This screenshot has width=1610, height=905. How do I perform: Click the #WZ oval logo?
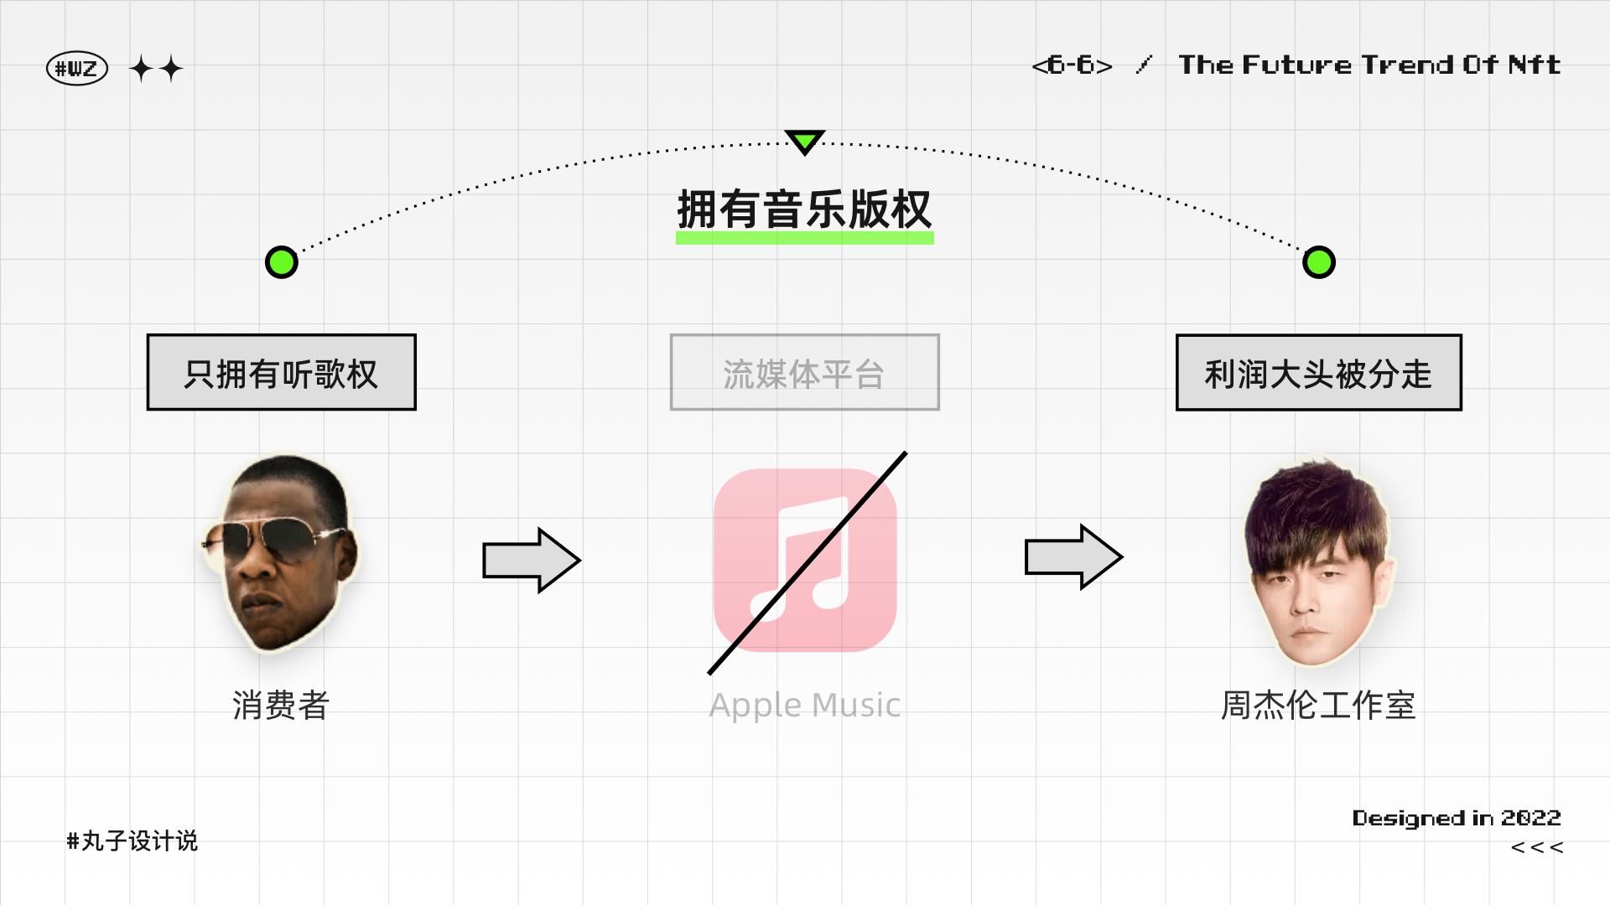click(77, 69)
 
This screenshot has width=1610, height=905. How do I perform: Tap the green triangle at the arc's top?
click(805, 141)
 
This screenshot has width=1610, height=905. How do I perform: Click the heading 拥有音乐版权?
click(804, 209)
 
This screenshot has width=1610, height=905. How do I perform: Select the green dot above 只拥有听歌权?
click(282, 262)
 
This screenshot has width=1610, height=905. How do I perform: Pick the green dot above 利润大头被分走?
click(1319, 262)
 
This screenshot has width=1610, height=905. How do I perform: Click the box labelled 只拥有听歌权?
click(282, 373)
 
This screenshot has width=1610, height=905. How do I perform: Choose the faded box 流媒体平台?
click(804, 373)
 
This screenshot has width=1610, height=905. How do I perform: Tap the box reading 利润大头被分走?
click(1318, 373)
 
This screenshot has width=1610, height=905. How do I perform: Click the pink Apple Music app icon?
click(805, 560)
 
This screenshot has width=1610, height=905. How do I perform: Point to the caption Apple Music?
click(805, 706)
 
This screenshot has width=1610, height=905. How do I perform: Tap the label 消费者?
click(281, 706)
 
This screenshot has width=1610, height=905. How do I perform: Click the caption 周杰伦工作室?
click(1318, 706)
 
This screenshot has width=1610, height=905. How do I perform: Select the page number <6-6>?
click(1072, 65)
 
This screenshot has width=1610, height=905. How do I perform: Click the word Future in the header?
click(1296, 65)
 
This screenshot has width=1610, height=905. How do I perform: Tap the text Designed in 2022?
click(1457, 818)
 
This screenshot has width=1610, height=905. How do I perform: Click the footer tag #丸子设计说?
click(132, 840)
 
